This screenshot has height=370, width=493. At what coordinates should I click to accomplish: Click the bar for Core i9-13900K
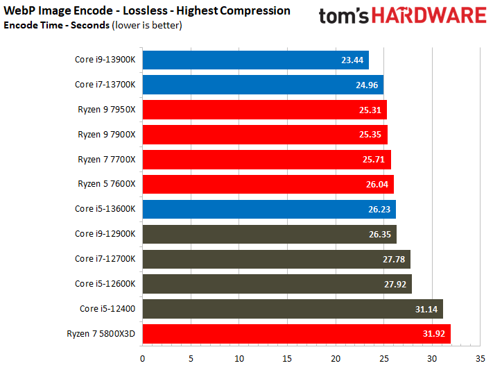coord(255,60)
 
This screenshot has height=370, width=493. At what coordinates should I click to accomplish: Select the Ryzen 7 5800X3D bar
coord(296,334)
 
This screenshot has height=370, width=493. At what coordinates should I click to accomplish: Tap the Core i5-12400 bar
coord(292,309)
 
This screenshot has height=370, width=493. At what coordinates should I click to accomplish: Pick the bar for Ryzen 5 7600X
coord(268,185)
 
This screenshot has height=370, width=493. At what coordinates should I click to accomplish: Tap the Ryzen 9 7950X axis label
coord(107,110)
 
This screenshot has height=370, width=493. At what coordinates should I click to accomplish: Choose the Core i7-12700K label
coord(105,259)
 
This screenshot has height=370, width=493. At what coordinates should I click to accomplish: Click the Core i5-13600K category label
coord(105,210)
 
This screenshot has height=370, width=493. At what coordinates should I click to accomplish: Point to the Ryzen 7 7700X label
coord(107,160)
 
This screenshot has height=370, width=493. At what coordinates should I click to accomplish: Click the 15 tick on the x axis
coord(287,359)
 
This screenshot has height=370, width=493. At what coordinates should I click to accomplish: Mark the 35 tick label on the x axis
coord(480,359)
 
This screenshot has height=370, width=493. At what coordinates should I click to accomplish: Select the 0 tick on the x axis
coord(142,359)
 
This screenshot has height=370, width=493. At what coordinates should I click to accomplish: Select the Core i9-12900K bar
coord(269,235)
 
